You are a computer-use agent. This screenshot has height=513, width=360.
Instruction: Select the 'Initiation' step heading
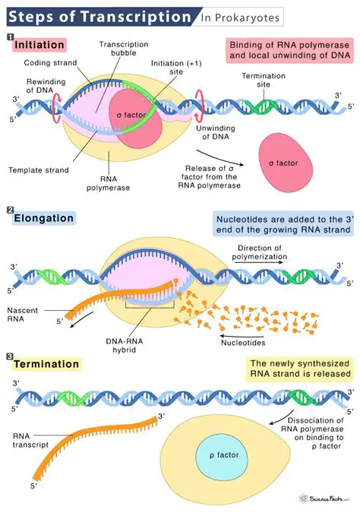pos(39,46)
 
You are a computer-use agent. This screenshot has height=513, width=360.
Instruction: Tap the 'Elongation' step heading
pos(43,219)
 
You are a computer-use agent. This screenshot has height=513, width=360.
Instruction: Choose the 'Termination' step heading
pos(46,365)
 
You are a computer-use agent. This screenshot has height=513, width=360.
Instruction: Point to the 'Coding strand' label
pos(47,62)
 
